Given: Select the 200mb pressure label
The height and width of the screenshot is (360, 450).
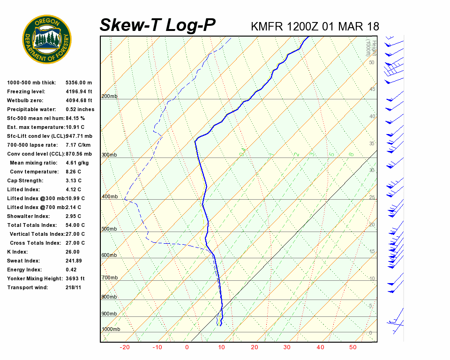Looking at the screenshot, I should click(109, 97).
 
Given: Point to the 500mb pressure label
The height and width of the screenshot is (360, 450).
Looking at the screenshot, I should click(109, 229).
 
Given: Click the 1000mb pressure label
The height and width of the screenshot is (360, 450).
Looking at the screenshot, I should click(111, 330).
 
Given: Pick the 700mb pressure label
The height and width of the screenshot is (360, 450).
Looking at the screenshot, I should click(109, 278).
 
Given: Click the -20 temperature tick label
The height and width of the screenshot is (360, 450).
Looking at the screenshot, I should click(125, 347).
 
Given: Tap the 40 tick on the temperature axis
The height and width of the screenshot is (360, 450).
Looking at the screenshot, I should click(320, 347).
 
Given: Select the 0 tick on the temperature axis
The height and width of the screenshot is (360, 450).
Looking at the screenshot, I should click(187, 347).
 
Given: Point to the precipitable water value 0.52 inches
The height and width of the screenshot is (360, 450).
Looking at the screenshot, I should click(80, 109).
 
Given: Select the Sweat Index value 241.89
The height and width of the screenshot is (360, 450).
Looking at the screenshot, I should click(74, 261).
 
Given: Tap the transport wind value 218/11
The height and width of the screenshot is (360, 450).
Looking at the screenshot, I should click(74, 287).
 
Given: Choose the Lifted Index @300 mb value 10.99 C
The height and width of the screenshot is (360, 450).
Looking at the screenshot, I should click(75, 198).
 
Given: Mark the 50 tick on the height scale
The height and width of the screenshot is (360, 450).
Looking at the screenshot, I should click(371, 62).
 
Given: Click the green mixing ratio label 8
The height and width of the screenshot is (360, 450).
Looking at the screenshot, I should click(351, 154).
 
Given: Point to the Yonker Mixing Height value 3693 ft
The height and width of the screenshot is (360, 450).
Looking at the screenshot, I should click(75, 278).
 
